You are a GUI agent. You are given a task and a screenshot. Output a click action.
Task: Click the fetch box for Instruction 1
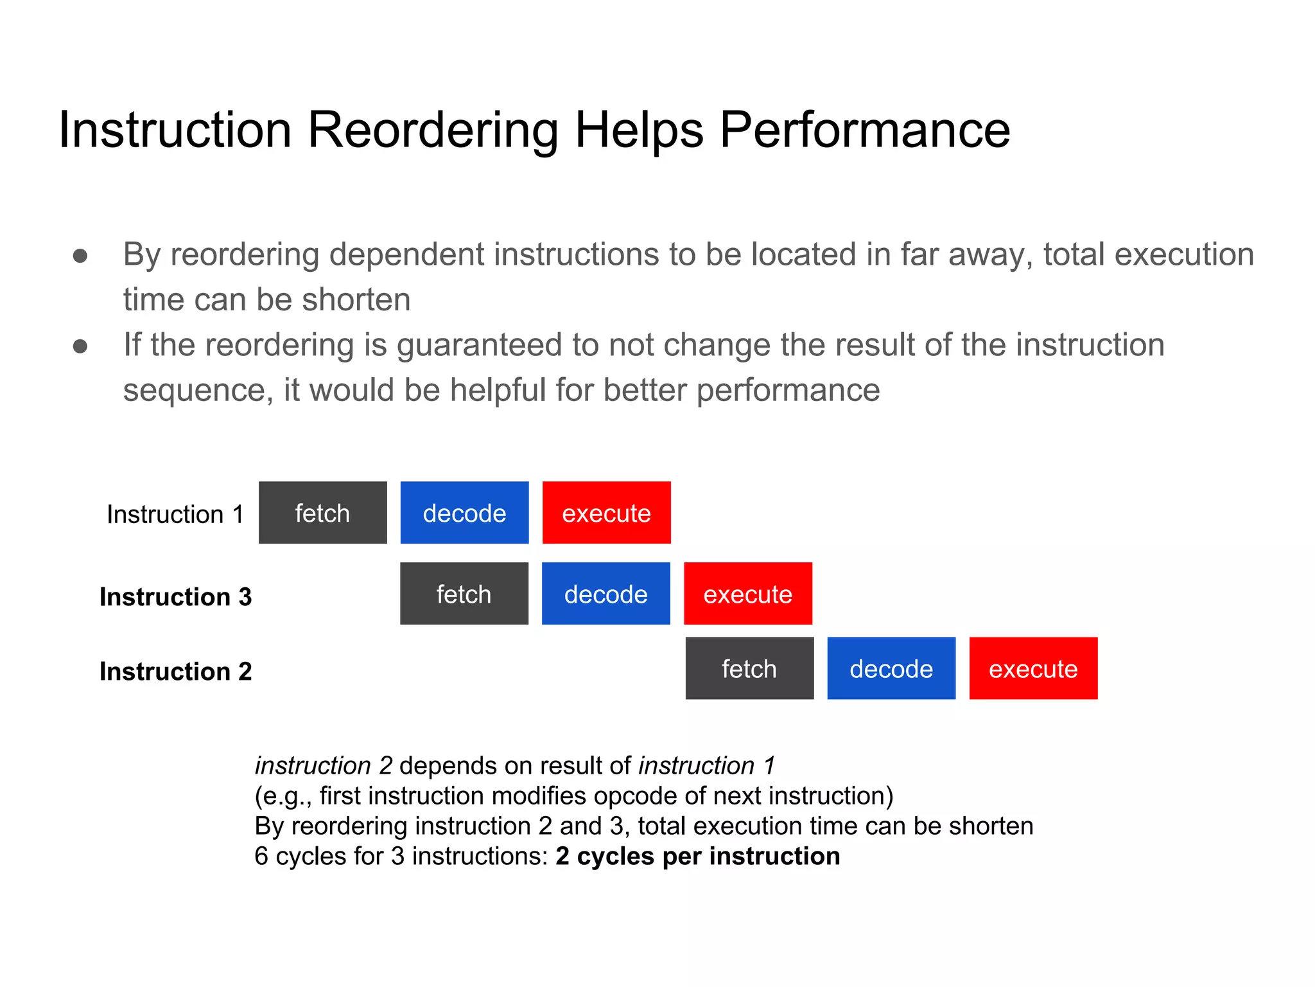click(x=322, y=513)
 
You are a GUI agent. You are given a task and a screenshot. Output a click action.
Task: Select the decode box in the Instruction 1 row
click(x=464, y=513)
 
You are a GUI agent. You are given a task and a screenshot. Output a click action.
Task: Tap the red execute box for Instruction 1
click(x=606, y=513)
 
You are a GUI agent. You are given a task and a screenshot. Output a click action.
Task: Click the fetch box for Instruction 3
click(x=464, y=594)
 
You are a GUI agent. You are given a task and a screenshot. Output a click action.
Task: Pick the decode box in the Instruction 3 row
click(x=605, y=594)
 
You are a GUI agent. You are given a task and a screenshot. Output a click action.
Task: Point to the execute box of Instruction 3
click(x=747, y=594)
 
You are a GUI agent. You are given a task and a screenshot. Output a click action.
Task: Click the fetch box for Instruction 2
click(x=749, y=668)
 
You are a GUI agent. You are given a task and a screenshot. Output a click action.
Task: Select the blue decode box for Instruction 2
click(x=891, y=668)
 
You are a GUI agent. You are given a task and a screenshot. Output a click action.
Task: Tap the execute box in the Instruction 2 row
click(x=1033, y=668)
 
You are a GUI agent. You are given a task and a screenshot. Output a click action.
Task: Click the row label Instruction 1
click(x=175, y=514)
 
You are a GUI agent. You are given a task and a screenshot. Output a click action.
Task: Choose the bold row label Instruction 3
click(x=175, y=596)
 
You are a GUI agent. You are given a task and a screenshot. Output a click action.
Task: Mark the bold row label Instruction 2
click(x=175, y=671)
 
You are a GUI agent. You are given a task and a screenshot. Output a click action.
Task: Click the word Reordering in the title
click(x=433, y=130)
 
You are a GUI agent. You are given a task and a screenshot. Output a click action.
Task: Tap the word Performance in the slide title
click(x=864, y=130)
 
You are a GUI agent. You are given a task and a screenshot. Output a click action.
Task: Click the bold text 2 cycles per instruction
click(x=697, y=856)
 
